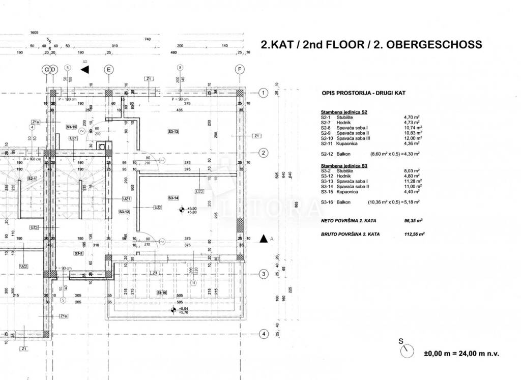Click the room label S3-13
tap(173, 132)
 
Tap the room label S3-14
tap(173, 197)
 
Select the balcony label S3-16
tap(162, 293)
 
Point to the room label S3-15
tap(71, 127)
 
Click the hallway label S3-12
tap(124, 211)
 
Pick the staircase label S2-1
tap(32, 179)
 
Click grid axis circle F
tap(240, 69)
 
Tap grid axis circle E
tap(108, 69)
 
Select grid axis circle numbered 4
tap(263, 334)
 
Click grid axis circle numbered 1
tap(263, 93)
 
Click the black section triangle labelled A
tap(264, 238)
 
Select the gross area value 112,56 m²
tap(414, 235)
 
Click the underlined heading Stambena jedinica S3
tap(344, 166)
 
